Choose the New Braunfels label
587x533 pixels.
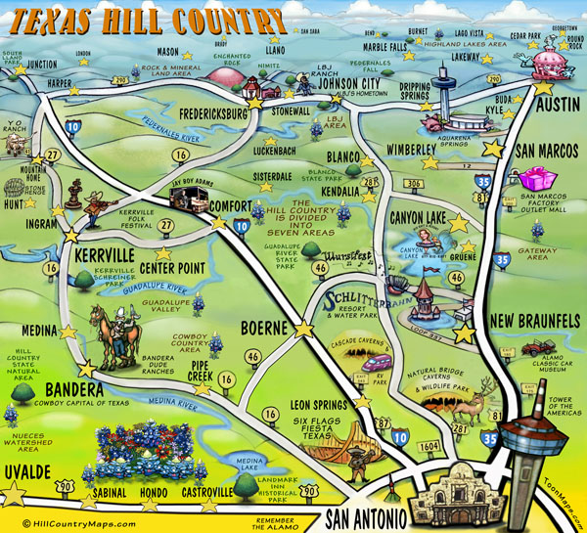click(535, 322)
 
